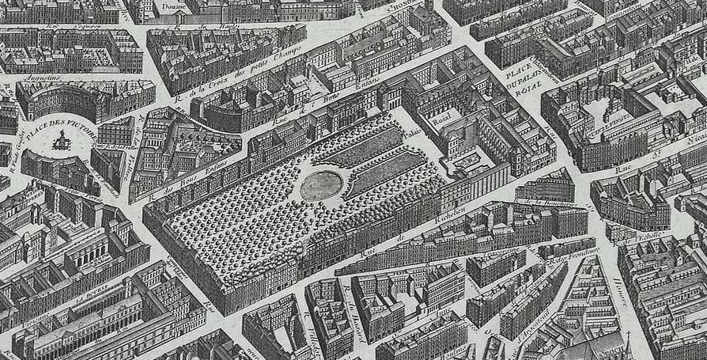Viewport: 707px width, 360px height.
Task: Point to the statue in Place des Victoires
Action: [60, 140]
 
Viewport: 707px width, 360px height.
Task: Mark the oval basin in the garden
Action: [322, 186]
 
